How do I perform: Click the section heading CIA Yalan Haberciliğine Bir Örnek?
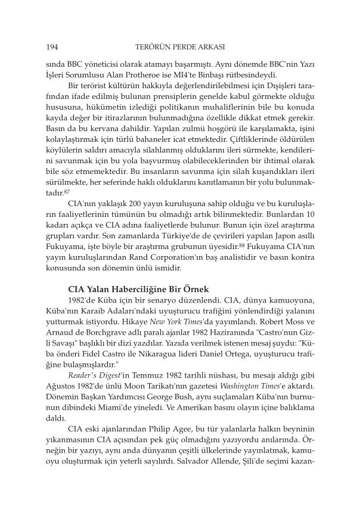[x=141, y=287]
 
